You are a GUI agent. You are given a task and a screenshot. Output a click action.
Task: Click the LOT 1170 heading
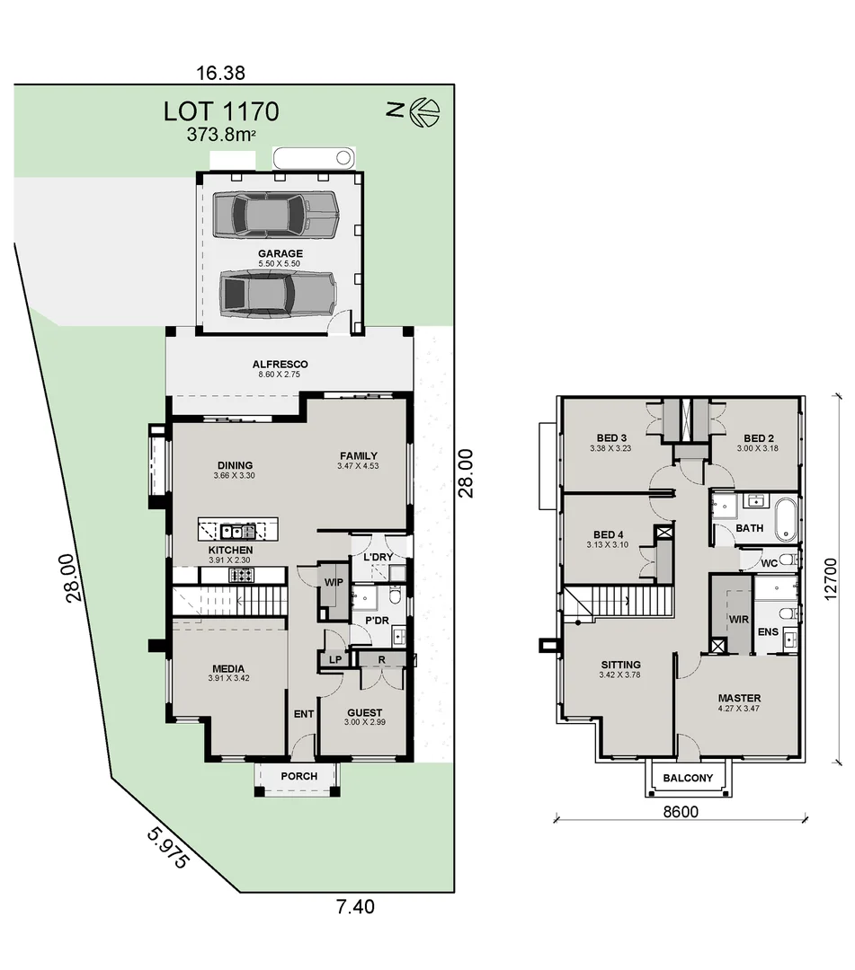tap(221, 111)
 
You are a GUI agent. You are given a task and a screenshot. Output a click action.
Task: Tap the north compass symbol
tap(424, 111)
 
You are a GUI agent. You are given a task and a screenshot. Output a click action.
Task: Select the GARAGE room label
tap(281, 253)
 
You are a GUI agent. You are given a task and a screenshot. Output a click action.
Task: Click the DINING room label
tap(235, 464)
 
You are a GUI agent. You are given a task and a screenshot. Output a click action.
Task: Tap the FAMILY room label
tap(358, 454)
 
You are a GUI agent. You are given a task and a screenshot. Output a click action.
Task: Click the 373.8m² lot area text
tap(221, 135)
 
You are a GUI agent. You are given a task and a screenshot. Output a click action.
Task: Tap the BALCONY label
tap(688, 778)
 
